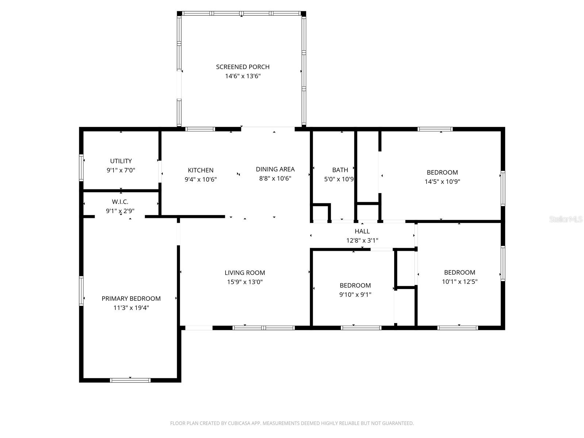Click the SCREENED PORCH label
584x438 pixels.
click(243, 67)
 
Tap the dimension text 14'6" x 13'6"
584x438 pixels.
click(243, 76)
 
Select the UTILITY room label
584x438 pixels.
click(121, 161)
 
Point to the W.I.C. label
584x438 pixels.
click(120, 202)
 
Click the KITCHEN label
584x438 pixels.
click(200, 170)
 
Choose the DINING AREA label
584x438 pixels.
click(275, 169)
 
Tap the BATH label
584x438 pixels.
click(340, 170)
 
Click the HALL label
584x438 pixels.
click(362, 231)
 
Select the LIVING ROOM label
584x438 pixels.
click(245, 273)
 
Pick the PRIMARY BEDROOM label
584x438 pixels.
click(131, 299)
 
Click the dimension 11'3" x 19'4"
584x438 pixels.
click(131, 308)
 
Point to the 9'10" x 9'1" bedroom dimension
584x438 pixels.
click(355, 295)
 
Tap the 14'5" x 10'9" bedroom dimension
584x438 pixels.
click(442, 181)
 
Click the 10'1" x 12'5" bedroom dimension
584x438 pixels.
click(460, 281)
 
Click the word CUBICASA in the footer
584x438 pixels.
click(239, 423)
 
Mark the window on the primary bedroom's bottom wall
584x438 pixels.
click(130, 380)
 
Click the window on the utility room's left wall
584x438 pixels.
click(82, 168)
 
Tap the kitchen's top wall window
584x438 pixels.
click(200, 129)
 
